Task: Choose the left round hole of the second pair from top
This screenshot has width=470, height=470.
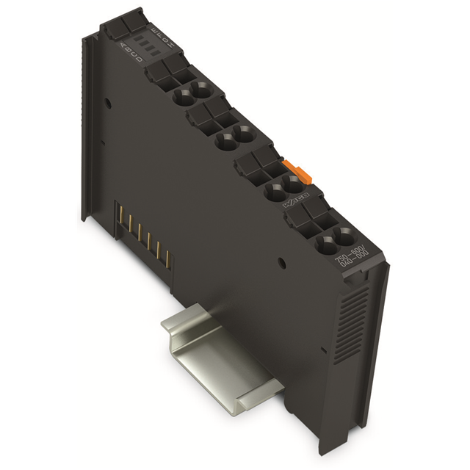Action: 224,141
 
